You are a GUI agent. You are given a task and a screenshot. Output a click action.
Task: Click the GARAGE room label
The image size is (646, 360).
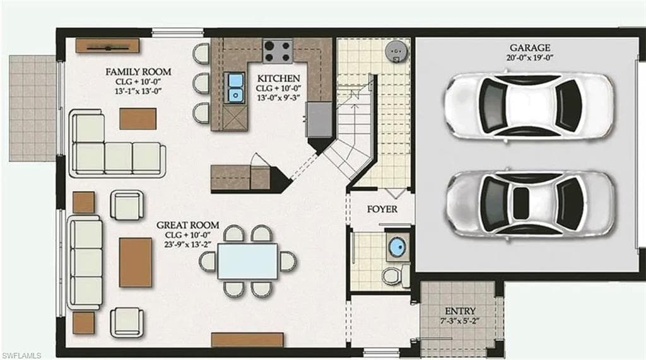click(530, 48)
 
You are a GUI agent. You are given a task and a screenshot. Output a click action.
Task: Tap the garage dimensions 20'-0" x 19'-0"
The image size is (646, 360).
click(530, 58)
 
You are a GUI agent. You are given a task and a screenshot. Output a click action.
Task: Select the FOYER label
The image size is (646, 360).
click(382, 209)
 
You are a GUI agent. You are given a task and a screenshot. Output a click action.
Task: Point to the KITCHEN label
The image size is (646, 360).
click(278, 78)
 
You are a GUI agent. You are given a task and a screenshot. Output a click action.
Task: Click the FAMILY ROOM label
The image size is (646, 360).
click(138, 72)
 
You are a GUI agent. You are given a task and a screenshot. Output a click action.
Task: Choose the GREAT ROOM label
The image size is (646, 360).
click(188, 225)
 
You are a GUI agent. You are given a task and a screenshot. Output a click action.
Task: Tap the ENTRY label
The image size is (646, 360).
click(460, 311)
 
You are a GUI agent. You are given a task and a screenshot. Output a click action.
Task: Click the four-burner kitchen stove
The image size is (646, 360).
click(278, 51)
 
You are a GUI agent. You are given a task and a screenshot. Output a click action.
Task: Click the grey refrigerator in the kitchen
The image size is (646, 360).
click(319, 119)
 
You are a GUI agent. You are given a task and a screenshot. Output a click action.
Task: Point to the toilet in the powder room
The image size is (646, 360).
click(395, 276)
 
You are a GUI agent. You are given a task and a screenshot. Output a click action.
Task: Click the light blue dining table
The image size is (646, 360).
click(247, 261)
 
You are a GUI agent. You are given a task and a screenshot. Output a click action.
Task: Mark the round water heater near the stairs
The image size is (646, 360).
click(397, 50)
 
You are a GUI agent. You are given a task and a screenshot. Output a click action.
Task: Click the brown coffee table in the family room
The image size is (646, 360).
click(138, 119)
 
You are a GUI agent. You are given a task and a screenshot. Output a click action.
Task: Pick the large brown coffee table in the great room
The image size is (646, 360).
click(136, 262)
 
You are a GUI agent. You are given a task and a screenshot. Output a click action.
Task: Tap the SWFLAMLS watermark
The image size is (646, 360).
click(22, 356)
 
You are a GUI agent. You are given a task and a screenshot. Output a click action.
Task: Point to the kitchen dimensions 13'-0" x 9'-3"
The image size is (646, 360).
click(278, 98)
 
